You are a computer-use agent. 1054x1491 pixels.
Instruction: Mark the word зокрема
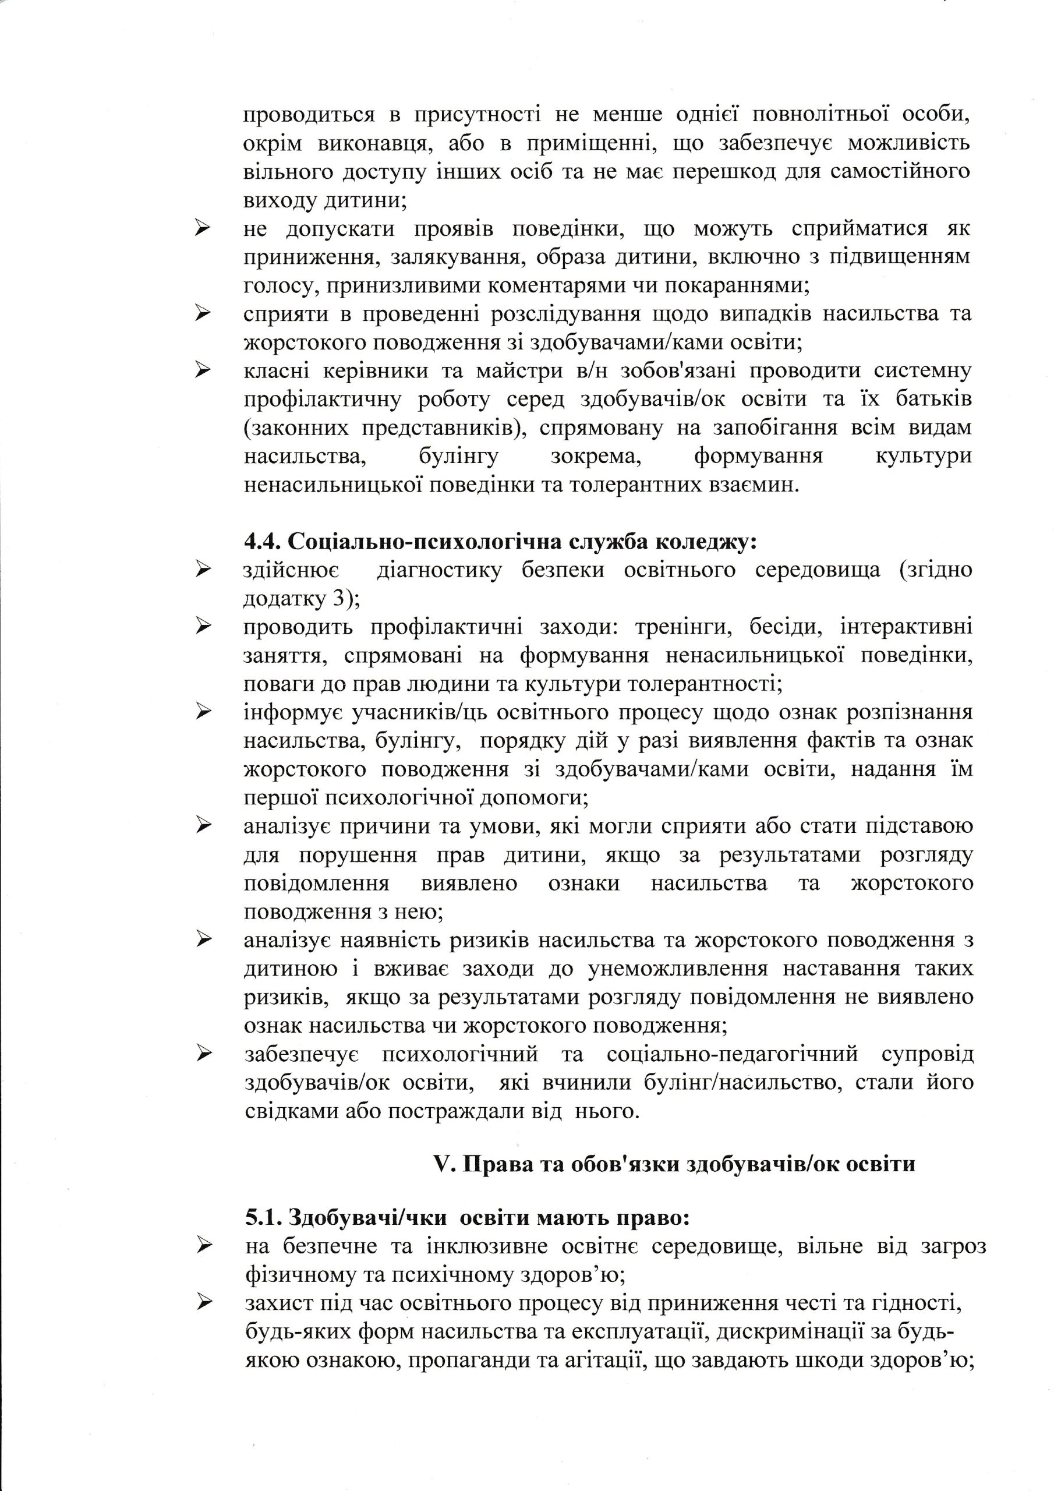(596, 457)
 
